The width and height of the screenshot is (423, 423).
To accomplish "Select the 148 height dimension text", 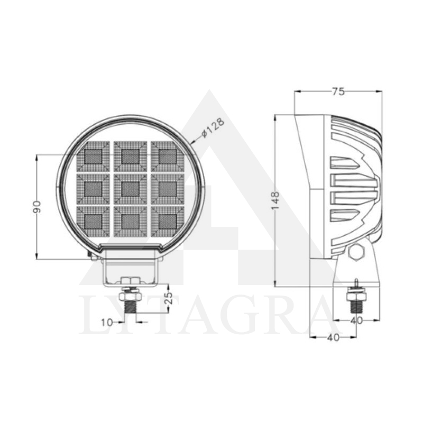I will pos(275,200).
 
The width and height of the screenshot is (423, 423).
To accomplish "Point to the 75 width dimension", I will pos(338,91).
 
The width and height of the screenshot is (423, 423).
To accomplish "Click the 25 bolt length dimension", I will pos(170,298).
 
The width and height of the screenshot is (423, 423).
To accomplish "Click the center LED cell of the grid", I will pos(130,188).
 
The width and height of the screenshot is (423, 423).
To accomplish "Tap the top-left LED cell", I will pos(93,156).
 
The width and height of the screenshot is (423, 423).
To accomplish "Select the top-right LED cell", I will pos(167,156).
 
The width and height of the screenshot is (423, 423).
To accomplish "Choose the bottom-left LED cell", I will pos(93,220).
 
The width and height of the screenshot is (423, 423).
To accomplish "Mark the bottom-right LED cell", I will pos(167,220).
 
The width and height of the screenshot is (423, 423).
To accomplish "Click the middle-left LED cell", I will pos(93,188).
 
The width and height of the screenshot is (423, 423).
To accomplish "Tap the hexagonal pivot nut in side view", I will pos(355,252).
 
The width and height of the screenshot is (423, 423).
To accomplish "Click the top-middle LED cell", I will pos(130,156).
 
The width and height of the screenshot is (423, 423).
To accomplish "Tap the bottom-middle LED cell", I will pos(130,220).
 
